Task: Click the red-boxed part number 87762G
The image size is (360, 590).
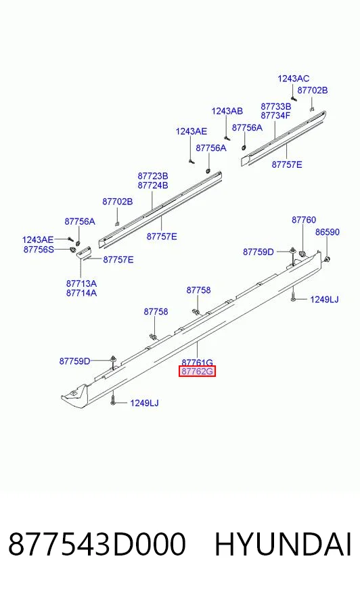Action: pos(197,371)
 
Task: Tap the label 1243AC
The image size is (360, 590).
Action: pos(294,78)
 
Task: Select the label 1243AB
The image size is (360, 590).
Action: pos(227,111)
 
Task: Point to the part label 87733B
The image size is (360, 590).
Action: pos(275,106)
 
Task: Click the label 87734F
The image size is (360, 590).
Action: pos(275,116)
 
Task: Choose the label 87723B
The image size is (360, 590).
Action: pos(153,176)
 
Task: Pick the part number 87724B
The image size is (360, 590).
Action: pos(153,185)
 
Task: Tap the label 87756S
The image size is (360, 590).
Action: pos(39,249)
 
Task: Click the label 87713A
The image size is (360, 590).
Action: pos(81,283)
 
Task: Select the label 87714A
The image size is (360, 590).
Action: pos(81,293)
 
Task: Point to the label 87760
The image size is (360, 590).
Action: pos(304,220)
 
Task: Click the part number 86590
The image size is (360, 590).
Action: pos(328,232)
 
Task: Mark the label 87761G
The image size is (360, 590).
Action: pos(197,363)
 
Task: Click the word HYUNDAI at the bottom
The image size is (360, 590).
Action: pos(283,544)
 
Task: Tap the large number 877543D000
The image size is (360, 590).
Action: pos(97,544)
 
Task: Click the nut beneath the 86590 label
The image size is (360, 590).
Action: pos(328,258)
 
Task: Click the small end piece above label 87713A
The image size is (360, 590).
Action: pos(83,252)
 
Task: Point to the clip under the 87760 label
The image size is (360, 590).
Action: pos(301,252)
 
